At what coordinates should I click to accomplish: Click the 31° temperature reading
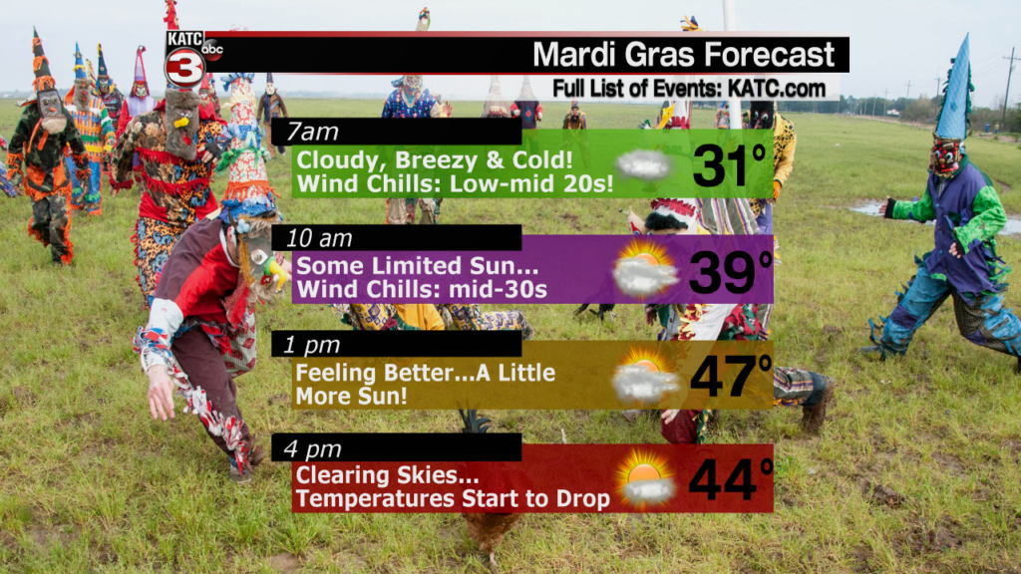pos(729,165)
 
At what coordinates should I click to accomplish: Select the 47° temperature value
pos(731,376)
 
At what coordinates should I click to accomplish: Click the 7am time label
pos(312,133)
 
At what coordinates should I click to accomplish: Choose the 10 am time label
pos(319,239)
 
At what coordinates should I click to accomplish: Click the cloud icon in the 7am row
pos(643,165)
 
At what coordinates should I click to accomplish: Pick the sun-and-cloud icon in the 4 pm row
pos(645,478)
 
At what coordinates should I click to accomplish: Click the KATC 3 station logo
pos(184,59)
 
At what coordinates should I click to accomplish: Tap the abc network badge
pos(212,49)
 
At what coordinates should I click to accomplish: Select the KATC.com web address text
pos(776,89)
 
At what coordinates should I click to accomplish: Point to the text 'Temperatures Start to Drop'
pos(454,499)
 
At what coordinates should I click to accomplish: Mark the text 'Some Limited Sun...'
pos(418,266)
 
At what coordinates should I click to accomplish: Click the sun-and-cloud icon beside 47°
pos(645,377)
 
